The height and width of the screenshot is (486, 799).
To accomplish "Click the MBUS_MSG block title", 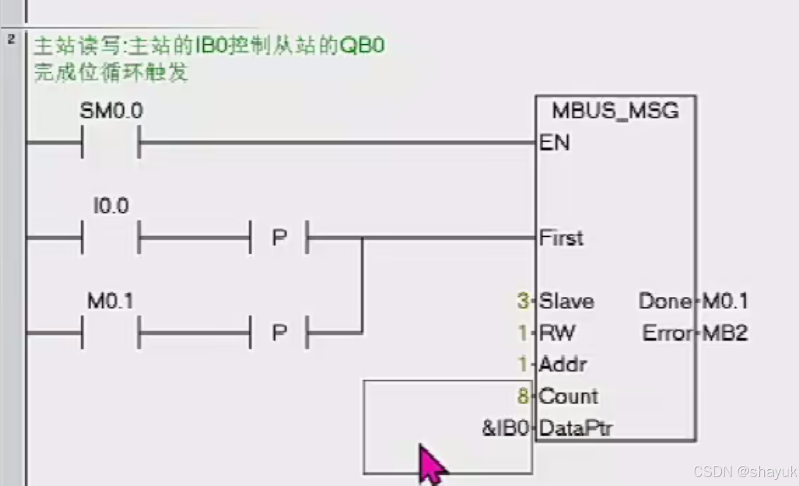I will (615, 111).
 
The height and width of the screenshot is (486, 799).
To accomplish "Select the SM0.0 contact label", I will (111, 111).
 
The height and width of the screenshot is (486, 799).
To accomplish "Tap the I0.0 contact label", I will (111, 206).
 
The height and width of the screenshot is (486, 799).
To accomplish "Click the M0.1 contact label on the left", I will (110, 302).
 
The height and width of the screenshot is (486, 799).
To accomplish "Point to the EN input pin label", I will (554, 143).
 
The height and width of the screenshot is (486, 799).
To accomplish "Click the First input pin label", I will (561, 238).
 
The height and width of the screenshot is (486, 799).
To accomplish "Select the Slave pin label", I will (566, 302).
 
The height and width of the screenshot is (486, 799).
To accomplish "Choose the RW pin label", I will (557, 333).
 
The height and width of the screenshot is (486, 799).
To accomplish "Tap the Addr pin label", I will (563, 364).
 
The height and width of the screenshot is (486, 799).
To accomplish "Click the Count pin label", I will (568, 396).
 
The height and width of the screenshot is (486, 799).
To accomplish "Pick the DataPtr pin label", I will (576, 428).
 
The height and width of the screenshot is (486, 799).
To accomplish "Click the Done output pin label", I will (665, 302).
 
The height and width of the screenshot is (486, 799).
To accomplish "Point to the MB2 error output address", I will (725, 333).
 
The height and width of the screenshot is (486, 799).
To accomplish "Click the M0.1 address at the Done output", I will (725, 302).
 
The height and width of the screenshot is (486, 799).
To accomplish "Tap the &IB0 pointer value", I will (505, 428).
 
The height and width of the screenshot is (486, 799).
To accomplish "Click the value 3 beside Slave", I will (523, 302).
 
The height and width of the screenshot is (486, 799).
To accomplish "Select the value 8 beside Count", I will (523, 396).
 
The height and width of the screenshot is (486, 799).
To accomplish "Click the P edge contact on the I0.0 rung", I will (279, 237).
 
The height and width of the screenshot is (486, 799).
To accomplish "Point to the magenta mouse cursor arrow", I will (430, 462).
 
